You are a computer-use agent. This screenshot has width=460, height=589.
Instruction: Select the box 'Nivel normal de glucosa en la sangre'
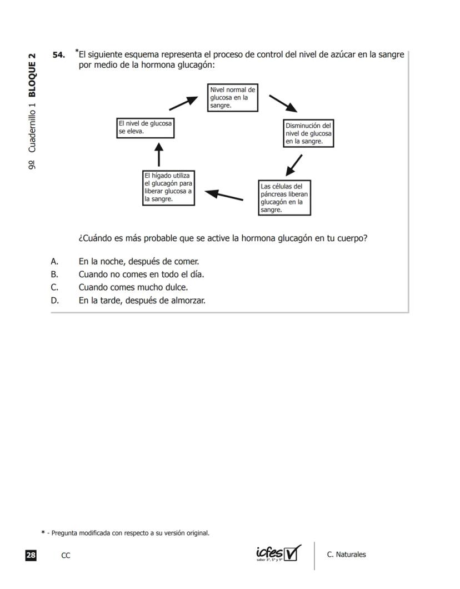(x=233, y=97)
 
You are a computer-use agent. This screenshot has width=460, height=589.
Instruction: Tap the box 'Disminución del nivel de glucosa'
(x=309, y=133)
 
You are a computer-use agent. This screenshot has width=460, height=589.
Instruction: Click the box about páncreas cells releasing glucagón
(x=284, y=198)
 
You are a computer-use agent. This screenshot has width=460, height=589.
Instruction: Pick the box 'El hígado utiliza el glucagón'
(x=168, y=188)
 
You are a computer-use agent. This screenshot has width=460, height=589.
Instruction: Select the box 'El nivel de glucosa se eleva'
(x=146, y=127)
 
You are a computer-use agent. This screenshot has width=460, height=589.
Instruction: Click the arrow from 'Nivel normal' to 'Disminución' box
(x=283, y=103)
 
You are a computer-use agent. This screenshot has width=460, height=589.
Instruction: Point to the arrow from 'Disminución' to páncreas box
(x=294, y=166)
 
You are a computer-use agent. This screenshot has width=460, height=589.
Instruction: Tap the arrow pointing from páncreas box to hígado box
(x=224, y=195)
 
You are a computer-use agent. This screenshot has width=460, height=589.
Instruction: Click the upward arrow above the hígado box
(x=159, y=155)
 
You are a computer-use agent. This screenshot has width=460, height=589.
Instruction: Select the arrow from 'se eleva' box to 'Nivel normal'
(x=183, y=102)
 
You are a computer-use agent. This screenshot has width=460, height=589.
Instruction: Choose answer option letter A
(x=54, y=261)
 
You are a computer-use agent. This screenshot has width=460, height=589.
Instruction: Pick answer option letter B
(x=54, y=274)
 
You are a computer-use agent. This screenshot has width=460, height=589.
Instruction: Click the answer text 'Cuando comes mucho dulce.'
(x=133, y=288)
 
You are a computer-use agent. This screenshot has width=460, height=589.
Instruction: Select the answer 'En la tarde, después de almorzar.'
(x=142, y=301)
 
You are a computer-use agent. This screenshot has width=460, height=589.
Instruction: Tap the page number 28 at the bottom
(x=31, y=555)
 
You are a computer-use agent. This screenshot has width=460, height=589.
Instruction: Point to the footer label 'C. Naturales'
(x=347, y=555)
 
